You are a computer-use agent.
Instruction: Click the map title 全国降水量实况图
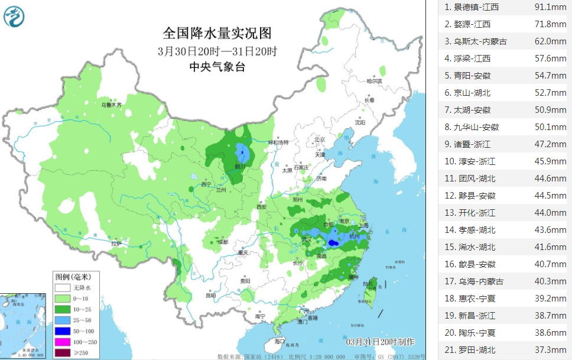tap(217, 32)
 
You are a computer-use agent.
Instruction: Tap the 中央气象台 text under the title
tap(217, 67)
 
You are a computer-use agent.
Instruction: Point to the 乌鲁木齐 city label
tap(110, 105)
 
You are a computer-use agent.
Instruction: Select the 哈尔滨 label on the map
tap(374, 80)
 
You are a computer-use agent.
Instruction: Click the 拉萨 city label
tap(116, 242)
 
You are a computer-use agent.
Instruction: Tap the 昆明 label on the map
tap(210, 295)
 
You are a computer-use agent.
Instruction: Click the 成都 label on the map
tap(222, 242)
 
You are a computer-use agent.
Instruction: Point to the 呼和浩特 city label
tap(278, 142)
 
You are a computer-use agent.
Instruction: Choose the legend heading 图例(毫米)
tap(73, 277)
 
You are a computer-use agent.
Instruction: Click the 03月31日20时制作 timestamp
tap(380, 342)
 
